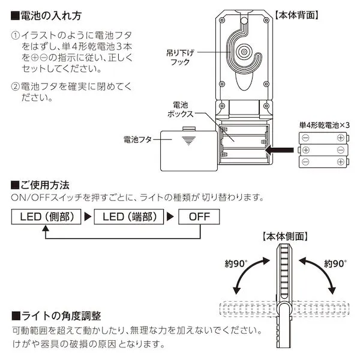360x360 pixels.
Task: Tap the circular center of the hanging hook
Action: pos(244,53)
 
